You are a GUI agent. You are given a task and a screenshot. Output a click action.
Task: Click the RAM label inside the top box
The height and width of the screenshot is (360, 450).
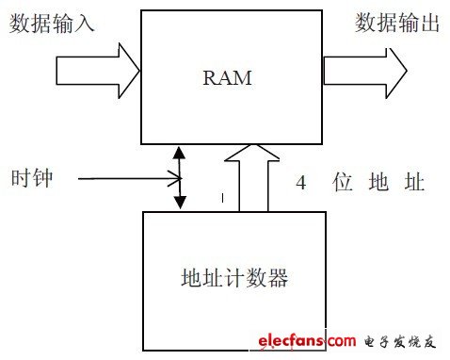pyautogui.click(x=227, y=78)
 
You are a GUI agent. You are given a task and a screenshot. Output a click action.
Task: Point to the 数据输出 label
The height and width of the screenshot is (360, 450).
pyautogui.click(x=397, y=24)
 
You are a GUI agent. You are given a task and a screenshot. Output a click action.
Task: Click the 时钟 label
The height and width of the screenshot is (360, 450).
pyautogui.click(x=31, y=177)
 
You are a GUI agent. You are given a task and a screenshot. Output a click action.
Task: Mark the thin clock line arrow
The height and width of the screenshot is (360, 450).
pyautogui.click(x=127, y=175)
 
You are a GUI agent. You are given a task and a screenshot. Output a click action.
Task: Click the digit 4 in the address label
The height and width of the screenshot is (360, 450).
pyautogui.click(x=299, y=181)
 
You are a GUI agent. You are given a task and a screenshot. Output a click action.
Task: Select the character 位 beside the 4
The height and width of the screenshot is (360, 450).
pyautogui.click(x=340, y=181)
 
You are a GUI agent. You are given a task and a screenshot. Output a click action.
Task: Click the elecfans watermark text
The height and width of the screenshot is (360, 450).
pyautogui.click(x=300, y=340)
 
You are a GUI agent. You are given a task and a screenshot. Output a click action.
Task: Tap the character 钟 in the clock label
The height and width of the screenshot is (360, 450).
pyautogui.click(x=42, y=177)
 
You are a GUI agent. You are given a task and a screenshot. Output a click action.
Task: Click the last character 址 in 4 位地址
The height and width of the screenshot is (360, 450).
pyautogui.click(x=416, y=181)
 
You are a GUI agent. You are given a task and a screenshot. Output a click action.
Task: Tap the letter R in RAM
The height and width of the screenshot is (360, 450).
pyautogui.click(x=210, y=78)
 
